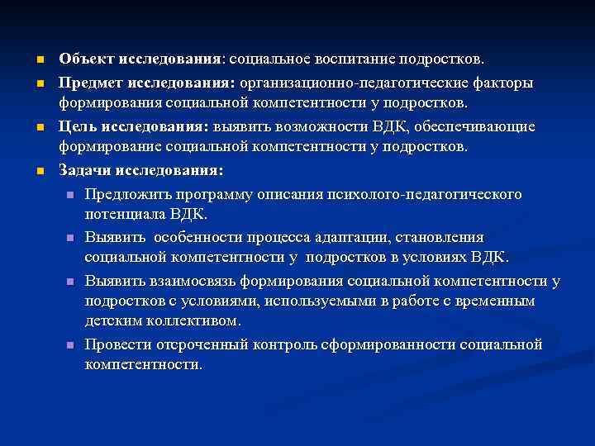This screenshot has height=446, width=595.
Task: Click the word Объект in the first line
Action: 86,60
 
